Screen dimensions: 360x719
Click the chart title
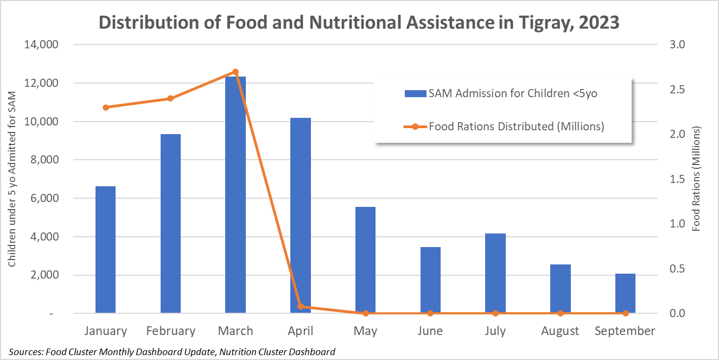[359, 23]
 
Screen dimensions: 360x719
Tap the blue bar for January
[106, 250]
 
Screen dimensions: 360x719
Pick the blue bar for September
[625, 293]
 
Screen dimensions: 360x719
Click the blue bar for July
[495, 273]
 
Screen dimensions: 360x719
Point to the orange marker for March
[236, 72]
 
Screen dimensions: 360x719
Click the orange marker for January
[106, 108]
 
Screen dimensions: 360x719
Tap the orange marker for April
[301, 306]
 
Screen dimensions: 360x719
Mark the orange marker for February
[170, 98]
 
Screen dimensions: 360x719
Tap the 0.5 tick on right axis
[679, 269]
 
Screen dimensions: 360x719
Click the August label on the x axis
[560, 331]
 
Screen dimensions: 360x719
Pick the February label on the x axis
[170, 331]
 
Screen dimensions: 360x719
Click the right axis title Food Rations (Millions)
[697, 179]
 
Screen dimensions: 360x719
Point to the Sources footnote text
[172, 351]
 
